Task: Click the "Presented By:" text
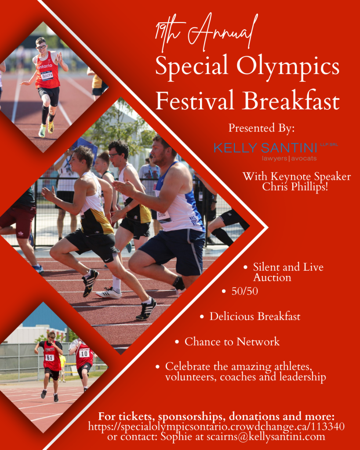point(261,128)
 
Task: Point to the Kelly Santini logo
point(276,151)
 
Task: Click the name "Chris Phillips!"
point(295,187)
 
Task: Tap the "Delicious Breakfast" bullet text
point(255,316)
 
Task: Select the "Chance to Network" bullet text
point(232,341)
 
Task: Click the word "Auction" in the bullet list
point(272,278)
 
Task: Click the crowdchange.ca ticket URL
point(216,427)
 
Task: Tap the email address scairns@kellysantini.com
point(266,437)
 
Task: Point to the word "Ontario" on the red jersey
point(45,66)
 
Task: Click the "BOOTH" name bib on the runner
point(47,76)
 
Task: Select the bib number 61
point(49,358)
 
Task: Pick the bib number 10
point(84,354)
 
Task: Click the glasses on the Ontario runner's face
point(41,47)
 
